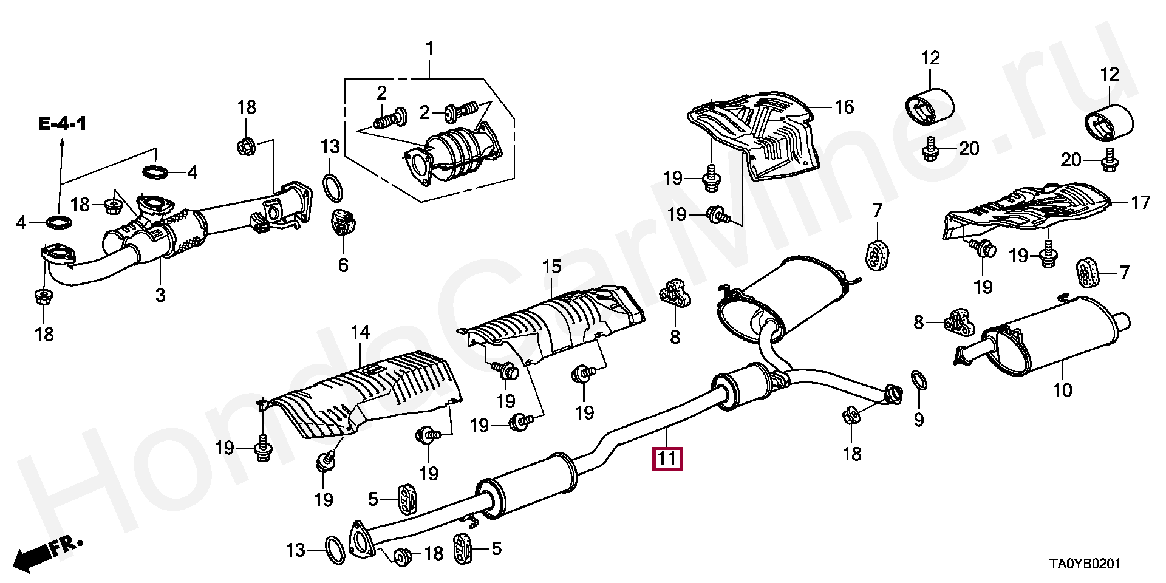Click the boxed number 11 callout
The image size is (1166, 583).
(x=667, y=459)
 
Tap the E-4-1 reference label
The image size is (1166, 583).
(x=63, y=124)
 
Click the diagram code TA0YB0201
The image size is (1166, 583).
(x=1086, y=564)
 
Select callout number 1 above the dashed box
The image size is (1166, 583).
(x=429, y=48)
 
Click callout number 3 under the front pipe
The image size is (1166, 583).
(x=160, y=295)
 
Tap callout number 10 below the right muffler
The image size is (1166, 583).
(x=1062, y=390)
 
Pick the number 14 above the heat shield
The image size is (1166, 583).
(x=360, y=332)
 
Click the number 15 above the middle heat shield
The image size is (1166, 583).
(x=552, y=267)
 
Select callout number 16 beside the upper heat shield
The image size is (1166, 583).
(x=844, y=107)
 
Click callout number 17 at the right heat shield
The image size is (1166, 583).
(x=1140, y=202)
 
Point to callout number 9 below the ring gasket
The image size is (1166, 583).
(x=918, y=419)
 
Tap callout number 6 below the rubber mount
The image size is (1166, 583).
(x=343, y=265)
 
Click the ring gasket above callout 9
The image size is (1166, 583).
(x=919, y=381)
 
